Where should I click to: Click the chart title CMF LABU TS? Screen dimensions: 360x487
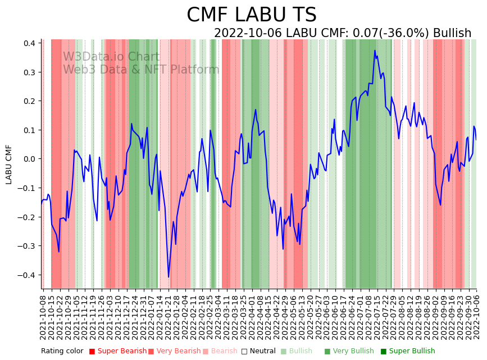(251, 15)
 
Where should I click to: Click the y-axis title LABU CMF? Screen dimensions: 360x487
(9, 165)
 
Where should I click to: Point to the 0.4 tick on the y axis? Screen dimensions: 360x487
(30, 43)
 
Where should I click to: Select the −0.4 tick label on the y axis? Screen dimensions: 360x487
(28, 275)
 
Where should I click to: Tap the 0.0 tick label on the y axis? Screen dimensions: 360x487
(30, 159)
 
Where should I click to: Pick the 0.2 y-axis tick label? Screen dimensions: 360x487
(30, 101)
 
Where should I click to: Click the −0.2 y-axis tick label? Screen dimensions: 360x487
(28, 217)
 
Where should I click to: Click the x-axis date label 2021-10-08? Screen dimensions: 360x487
(43, 317)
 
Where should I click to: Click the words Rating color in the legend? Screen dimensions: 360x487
(62, 352)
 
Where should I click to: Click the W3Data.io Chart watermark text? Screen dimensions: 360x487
(111, 57)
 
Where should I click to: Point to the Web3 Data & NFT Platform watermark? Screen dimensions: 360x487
(140, 70)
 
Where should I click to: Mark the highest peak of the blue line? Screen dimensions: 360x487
(375, 51)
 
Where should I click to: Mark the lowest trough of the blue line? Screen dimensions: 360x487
(169, 277)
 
